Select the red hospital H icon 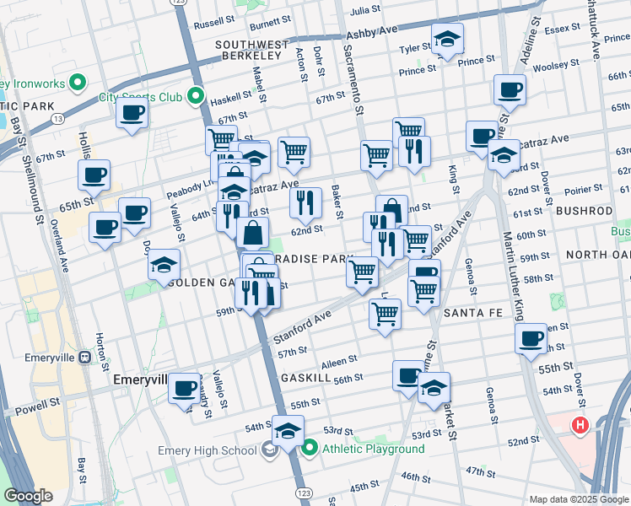pyautogui.click(x=580, y=426)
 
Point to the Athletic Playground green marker pyautogui.click(x=310, y=449)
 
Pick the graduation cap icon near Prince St pyautogui.click(x=447, y=38)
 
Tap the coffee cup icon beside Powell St pyautogui.click(x=184, y=388)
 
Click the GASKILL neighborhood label pyautogui.click(x=304, y=377)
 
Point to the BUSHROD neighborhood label pyautogui.click(x=583, y=210)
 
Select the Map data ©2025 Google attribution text pyautogui.click(x=578, y=499)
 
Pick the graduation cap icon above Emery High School pyautogui.click(x=288, y=428)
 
